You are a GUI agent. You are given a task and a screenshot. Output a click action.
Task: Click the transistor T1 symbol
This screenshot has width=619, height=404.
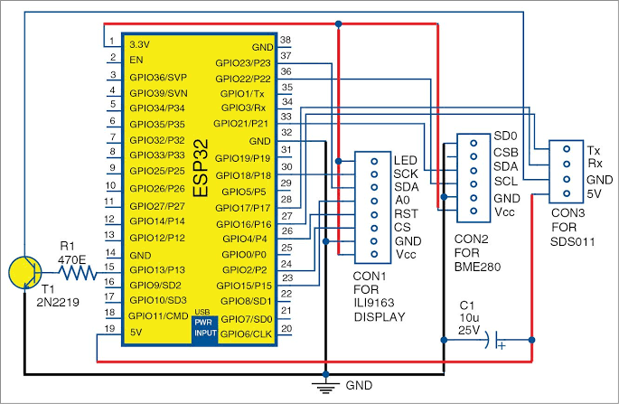click(25, 272)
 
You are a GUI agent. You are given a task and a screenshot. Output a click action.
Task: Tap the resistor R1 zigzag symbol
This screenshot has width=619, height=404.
click(78, 273)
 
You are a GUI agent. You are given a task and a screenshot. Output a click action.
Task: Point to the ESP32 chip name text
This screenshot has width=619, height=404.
click(201, 168)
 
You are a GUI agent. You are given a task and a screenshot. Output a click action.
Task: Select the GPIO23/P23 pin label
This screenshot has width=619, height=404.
click(243, 63)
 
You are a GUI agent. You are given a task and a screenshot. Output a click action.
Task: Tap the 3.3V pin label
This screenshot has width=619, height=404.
click(140, 44)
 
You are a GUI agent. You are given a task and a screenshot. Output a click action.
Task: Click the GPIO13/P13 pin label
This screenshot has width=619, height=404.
click(157, 270)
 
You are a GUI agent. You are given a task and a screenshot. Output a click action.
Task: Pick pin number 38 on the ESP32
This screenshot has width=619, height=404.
click(286, 40)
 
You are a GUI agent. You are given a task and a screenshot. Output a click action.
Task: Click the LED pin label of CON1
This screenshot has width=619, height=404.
click(406, 160)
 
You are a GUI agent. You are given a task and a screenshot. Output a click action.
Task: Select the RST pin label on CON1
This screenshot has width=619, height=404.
click(406, 213)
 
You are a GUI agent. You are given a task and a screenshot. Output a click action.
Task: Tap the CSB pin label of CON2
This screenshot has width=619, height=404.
click(506, 152)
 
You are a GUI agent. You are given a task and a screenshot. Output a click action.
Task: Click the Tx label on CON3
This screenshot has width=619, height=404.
click(594, 150)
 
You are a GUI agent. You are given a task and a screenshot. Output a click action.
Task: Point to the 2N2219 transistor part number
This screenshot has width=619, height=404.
click(58, 303)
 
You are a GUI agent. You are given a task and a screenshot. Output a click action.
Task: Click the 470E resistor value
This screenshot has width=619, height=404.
click(72, 260)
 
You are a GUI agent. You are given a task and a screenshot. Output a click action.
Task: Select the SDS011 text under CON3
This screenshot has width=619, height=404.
click(572, 241)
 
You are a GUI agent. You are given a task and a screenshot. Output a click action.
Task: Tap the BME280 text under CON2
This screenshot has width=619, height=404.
click(477, 267)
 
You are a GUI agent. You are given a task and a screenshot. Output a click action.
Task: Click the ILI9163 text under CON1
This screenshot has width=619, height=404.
click(374, 303)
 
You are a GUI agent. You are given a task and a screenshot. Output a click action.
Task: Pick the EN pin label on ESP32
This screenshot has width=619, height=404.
click(136, 60)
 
